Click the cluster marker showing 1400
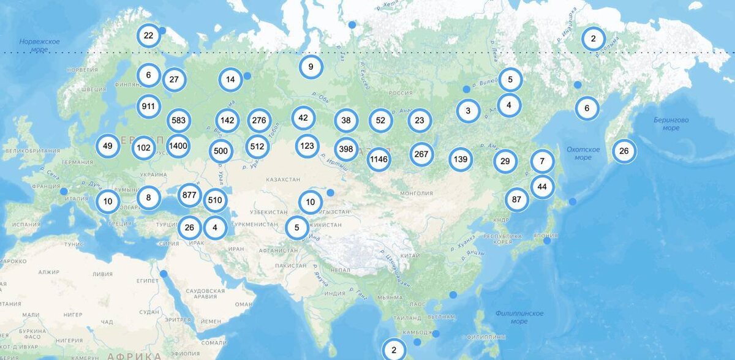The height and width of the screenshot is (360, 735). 178,146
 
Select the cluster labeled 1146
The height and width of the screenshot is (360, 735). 379,160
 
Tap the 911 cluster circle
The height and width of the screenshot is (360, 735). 148,106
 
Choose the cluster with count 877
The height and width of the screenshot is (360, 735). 189,196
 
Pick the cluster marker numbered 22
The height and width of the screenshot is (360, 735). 148,36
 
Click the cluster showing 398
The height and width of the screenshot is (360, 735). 346,149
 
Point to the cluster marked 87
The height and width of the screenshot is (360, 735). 517,200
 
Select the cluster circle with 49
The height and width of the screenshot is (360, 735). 108,146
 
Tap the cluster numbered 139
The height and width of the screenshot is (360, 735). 461,160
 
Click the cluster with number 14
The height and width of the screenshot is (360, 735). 230,79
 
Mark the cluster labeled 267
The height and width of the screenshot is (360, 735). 421,154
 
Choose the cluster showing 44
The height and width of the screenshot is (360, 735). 542,186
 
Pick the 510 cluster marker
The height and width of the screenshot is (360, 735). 215,200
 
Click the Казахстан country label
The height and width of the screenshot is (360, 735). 283,179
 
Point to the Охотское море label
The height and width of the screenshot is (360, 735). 583,153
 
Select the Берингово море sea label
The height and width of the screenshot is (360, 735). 671,124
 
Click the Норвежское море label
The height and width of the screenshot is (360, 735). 39,45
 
